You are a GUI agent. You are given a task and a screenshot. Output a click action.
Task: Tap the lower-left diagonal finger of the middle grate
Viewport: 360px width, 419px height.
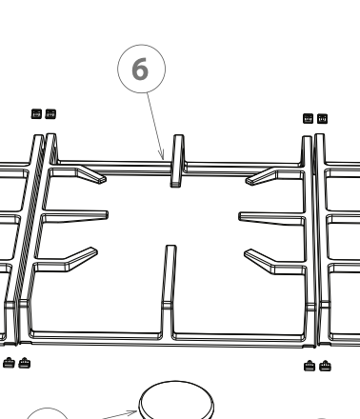71,259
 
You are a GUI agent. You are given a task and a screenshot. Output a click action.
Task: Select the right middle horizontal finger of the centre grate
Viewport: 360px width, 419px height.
270,216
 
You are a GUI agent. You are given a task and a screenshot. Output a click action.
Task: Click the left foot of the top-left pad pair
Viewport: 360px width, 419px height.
37,114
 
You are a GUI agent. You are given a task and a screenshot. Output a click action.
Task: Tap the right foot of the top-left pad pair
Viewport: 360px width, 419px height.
50,114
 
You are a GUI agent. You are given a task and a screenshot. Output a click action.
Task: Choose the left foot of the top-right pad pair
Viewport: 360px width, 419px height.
308,118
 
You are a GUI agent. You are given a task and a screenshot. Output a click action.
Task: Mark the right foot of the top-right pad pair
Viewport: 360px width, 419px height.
322,118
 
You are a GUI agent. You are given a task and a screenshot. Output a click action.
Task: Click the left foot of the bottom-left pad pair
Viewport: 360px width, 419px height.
10,362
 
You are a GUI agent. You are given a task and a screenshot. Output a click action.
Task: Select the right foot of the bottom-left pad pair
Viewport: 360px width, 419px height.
25,362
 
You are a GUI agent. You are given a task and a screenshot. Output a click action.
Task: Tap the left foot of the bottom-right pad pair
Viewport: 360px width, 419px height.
309,366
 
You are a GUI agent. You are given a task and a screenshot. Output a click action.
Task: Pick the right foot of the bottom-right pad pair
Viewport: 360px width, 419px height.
324,366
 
